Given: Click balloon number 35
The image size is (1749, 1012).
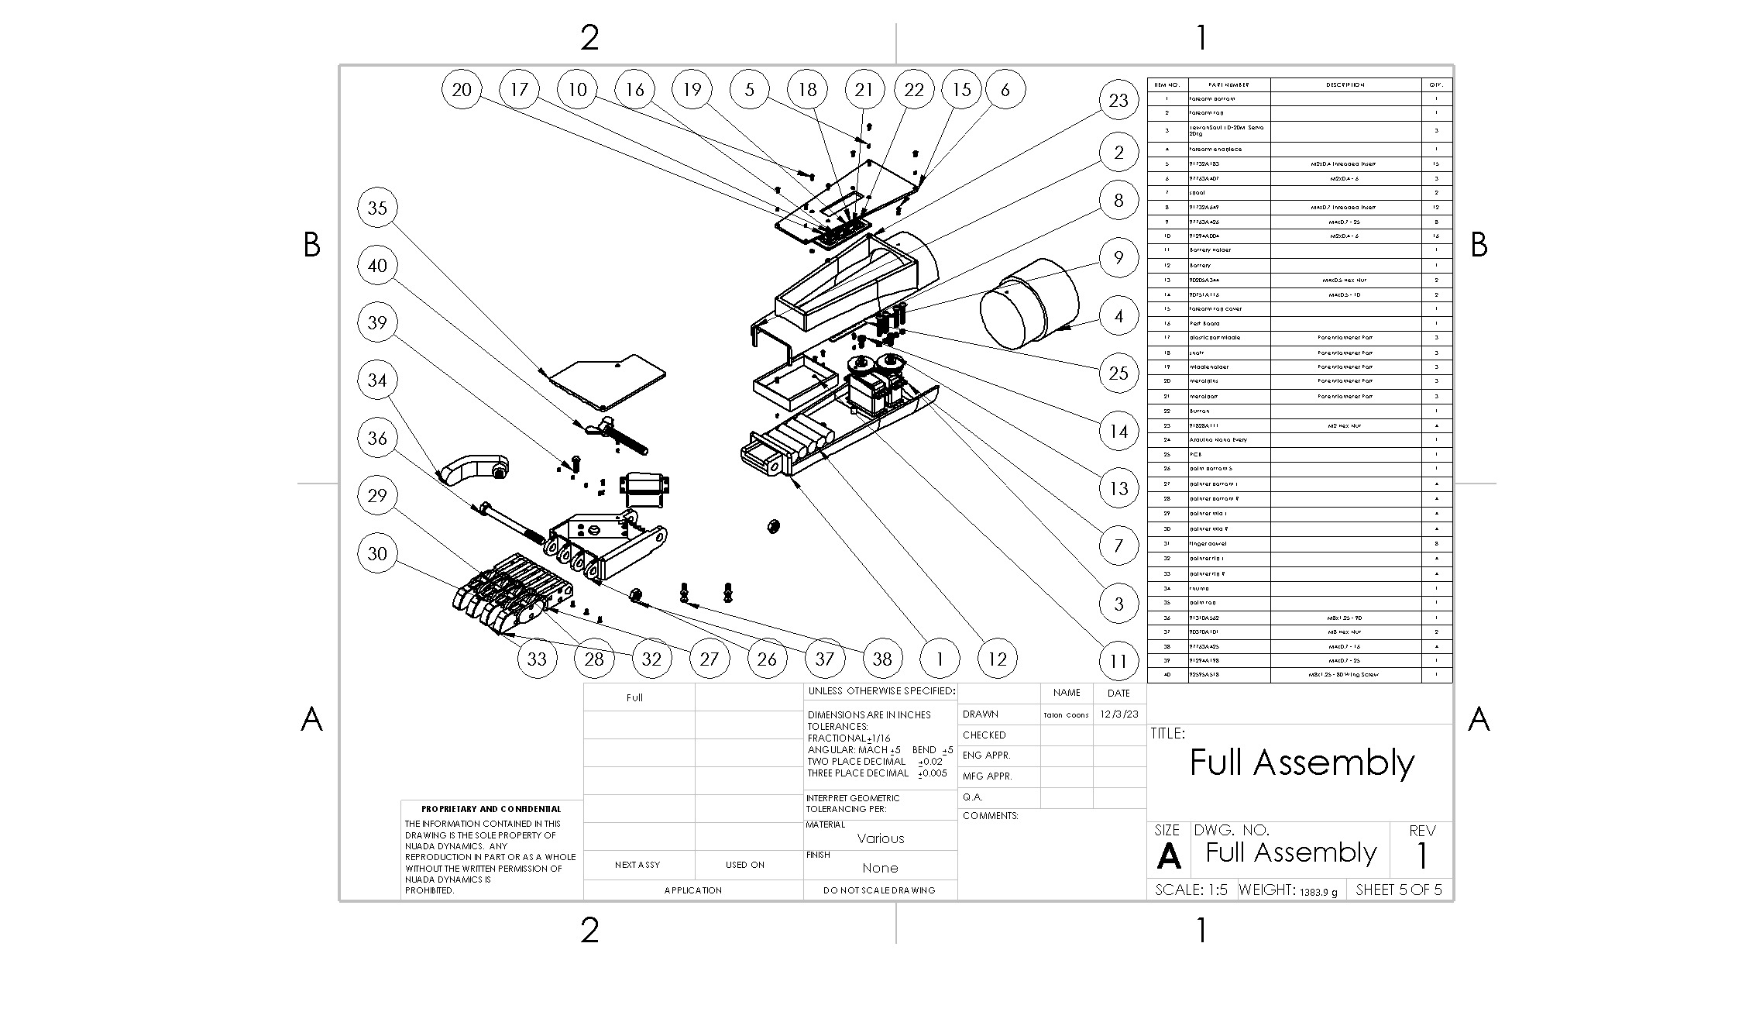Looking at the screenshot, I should tap(377, 208).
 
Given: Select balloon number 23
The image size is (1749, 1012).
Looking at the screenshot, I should tap(1118, 100).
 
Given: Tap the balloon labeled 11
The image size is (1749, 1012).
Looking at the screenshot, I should tap(1118, 661).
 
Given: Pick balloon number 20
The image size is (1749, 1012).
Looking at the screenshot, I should tap(462, 89).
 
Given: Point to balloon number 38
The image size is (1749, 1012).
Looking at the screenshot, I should tap(882, 659).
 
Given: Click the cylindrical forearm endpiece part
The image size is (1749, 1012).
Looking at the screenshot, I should tap(1030, 304).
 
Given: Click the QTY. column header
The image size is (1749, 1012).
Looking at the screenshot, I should tap(1437, 84).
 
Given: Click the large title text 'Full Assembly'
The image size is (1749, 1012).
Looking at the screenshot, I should tap(1301, 762).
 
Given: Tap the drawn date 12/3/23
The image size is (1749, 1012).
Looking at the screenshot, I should tap(1118, 714).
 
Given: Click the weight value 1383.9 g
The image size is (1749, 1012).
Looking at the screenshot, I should tap(1318, 892).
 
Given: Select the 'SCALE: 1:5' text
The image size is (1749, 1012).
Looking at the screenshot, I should tap(1191, 890).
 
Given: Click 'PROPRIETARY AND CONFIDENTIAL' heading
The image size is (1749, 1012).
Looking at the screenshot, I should tap(491, 809).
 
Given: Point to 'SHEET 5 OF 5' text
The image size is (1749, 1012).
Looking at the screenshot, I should tap(1399, 890).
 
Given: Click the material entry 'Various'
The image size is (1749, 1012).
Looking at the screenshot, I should tap(881, 838).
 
